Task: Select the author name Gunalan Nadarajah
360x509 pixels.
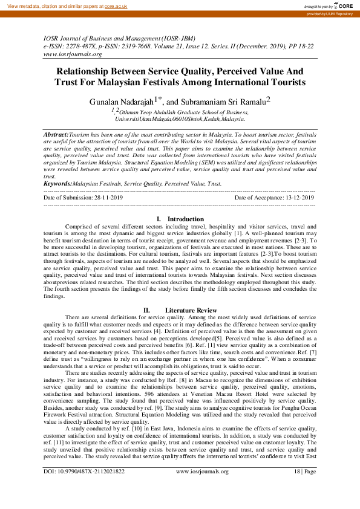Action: (x=123, y=101)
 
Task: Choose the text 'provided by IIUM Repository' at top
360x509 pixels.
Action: (x=329, y=13)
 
